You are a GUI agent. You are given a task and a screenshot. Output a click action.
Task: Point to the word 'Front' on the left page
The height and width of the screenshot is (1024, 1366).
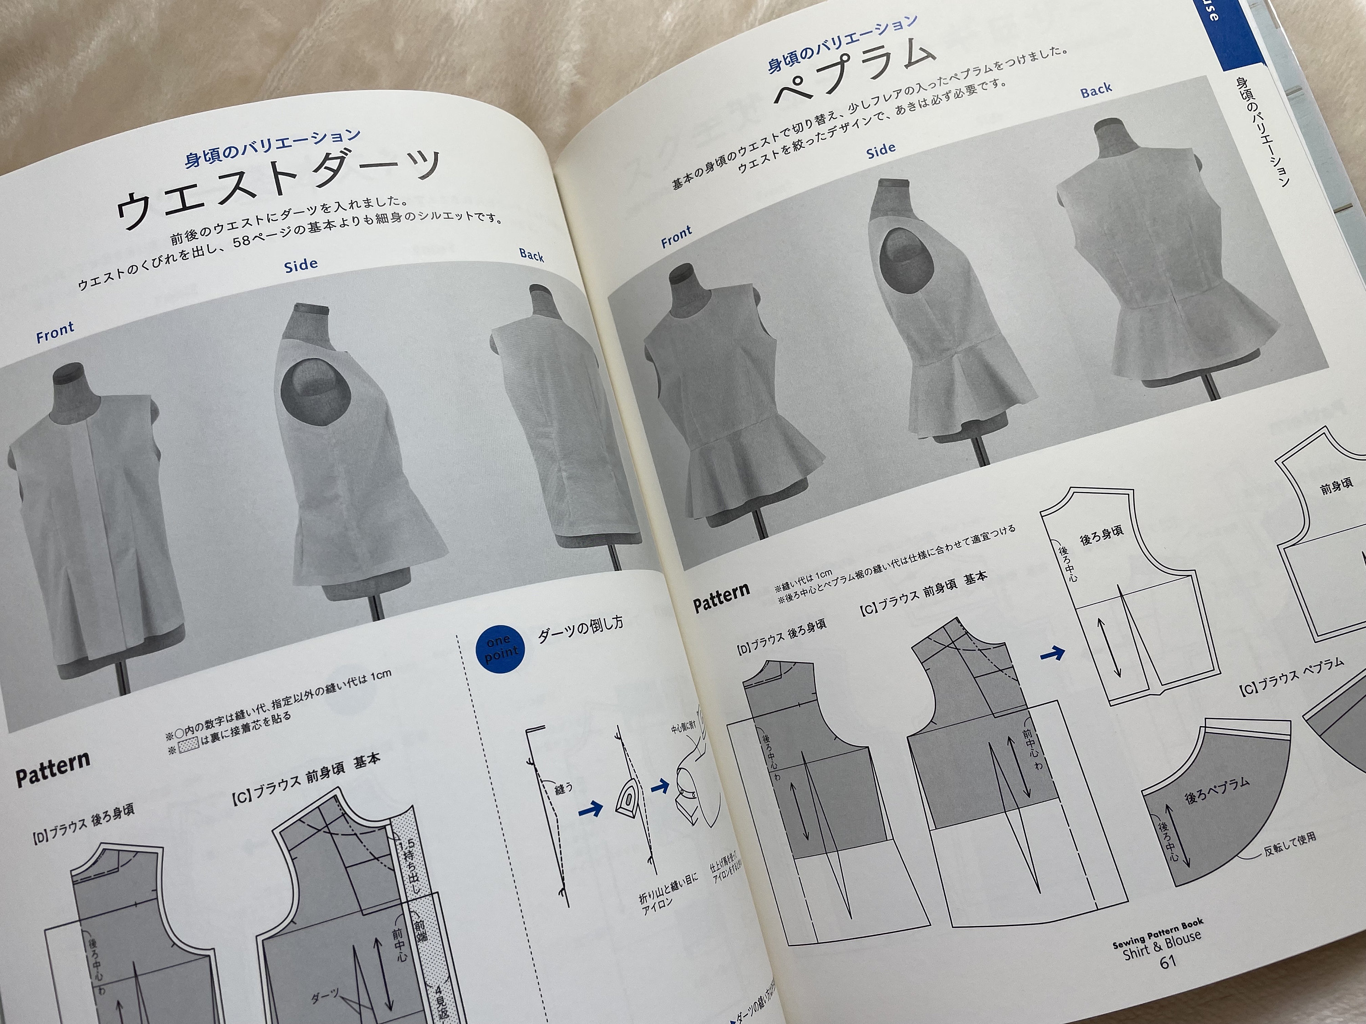pyautogui.click(x=55, y=333)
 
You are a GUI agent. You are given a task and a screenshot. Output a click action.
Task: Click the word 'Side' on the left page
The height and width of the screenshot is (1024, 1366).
pyautogui.click(x=301, y=265)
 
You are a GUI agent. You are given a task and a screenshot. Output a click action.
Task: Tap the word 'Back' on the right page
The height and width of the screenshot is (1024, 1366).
pyautogui.click(x=1096, y=91)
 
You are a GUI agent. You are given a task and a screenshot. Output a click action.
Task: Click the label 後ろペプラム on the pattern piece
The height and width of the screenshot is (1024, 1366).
pyautogui.click(x=1217, y=790)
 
